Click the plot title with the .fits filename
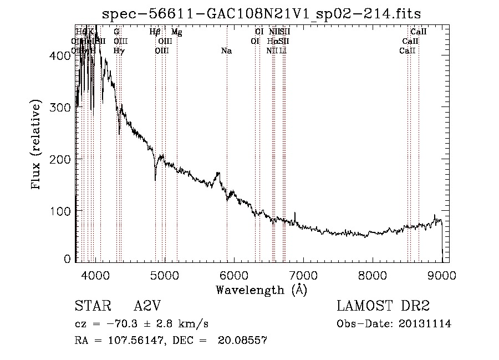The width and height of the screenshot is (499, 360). click(x=266, y=13)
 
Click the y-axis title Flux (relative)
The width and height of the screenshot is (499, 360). click(x=37, y=145)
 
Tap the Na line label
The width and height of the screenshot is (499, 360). click(x=226, y=51)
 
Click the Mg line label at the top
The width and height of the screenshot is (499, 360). click(x=177, y=32)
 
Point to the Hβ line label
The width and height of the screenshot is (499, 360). click(x=155, y=32)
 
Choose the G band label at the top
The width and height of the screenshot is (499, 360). click(x=116, y=32)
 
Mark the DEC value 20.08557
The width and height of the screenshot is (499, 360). click(x=246, y=341)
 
